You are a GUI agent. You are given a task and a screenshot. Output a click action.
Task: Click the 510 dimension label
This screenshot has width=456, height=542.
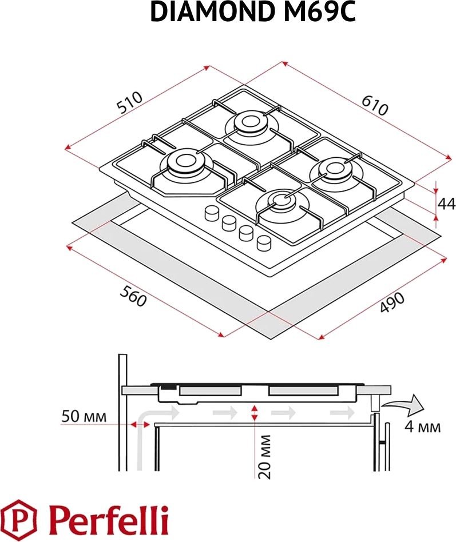[x=130, y=102]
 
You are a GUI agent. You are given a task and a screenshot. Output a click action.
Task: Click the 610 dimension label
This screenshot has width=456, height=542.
[x=375, y=105]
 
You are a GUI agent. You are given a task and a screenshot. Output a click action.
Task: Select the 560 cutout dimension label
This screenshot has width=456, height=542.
[x=133, y=296]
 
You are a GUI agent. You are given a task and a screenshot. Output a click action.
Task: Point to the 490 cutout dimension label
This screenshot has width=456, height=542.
[x=392, y=302]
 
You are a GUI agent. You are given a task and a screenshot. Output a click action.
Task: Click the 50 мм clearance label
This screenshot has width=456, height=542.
[x=84, y=416]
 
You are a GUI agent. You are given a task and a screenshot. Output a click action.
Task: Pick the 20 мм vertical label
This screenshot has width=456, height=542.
[x=265, y=457]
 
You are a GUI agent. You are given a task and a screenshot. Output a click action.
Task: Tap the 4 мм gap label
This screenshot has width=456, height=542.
[x=423, y=427]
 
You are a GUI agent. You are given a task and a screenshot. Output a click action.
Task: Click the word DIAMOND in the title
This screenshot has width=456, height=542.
[x=211, y=13]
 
